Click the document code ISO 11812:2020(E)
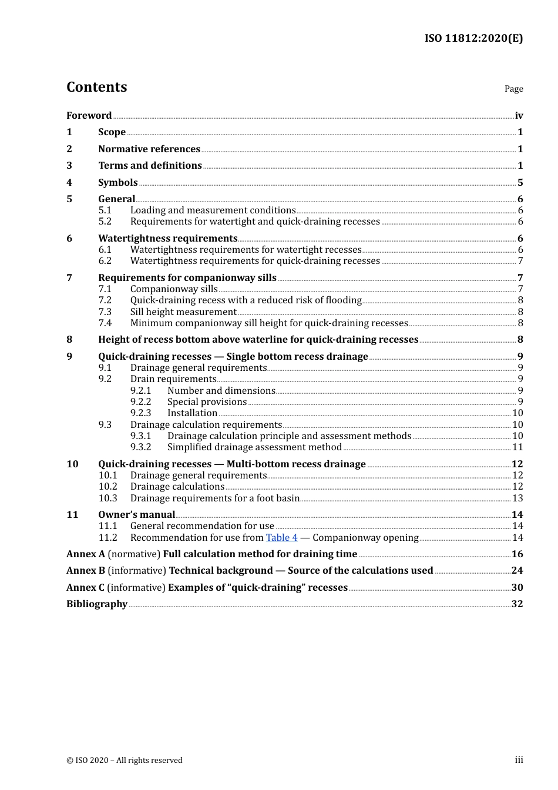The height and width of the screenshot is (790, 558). point(473,38)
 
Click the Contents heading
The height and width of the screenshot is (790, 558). point(96,87)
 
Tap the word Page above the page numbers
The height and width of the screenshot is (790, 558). point(513,89)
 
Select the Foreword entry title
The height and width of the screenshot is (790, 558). point(89,115)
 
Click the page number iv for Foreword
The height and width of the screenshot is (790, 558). point(519,116)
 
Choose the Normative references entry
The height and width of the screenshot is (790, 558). point(149,149)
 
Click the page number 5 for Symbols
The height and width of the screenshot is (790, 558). point(520,183)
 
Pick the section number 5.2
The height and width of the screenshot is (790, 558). point(105,222)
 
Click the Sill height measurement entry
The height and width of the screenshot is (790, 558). point(183,312)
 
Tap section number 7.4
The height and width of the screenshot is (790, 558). point(105,323)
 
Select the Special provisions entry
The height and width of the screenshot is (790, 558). point(207,402)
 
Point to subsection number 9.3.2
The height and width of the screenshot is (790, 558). point(140,447)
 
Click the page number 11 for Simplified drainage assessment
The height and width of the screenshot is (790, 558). point(517,447)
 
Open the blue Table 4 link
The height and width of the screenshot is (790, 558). point(281,538)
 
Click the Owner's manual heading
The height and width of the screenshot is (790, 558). point(136,515)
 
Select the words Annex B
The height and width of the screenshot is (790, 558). point(86,571)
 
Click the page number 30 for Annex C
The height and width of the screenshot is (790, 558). point(517,588)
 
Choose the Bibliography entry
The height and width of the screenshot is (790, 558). point(97,604)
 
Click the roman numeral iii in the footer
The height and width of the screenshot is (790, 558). point(519,760)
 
